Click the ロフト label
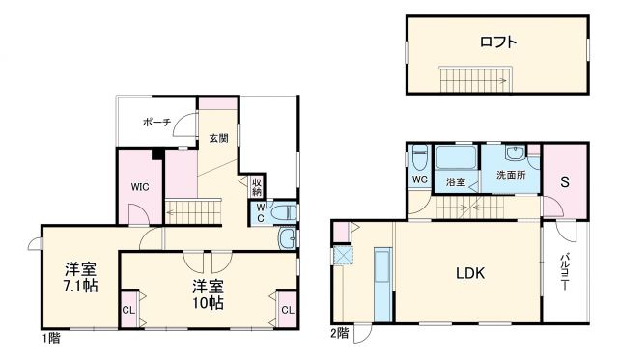[497, 42]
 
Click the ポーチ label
[156, 123]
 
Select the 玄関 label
[219, 138]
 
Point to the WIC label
[138, 190]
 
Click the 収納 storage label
[258, 184]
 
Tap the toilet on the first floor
[278, 211]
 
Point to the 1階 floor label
[51, 339]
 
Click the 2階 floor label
[339, 333]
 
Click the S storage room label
[565, 180]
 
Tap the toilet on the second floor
[419, 157]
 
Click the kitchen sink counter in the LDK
[380, 283]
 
